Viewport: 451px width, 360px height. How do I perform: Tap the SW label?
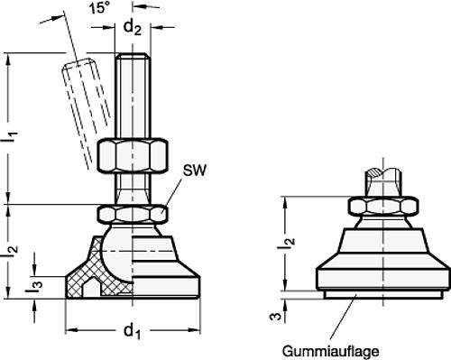tap(193, 169)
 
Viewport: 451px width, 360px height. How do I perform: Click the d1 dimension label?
tap(131, 334)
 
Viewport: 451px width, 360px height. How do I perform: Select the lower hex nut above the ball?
tap(133, 214)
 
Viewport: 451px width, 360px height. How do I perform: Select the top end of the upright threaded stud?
tap(131, 58)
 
